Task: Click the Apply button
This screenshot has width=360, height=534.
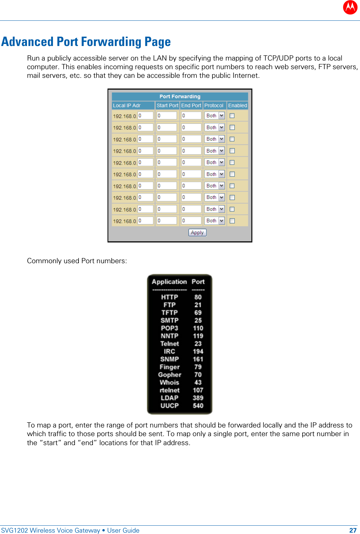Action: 197,232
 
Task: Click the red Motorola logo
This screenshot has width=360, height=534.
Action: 350,7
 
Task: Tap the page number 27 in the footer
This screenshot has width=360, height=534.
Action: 352,530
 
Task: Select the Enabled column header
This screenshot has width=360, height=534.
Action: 237,105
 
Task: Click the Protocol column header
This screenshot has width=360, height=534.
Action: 214,105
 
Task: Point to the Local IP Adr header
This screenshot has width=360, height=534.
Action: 127,105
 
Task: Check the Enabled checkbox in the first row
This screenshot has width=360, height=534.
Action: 232,116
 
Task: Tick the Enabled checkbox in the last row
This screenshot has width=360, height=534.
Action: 232,221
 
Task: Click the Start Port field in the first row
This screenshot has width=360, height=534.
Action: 167,116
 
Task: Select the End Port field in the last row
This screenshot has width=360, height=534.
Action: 191,221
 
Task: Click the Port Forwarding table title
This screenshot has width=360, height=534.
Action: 180,96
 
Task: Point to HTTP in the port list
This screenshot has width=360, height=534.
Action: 169,297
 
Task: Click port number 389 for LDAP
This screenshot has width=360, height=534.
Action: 198,398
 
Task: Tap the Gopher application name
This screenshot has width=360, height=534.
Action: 169,375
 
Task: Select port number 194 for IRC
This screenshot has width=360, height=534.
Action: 198,351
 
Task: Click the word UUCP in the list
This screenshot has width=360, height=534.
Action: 169,406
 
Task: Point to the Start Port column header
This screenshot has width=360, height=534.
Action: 167,105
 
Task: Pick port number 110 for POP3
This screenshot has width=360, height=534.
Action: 198,328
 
